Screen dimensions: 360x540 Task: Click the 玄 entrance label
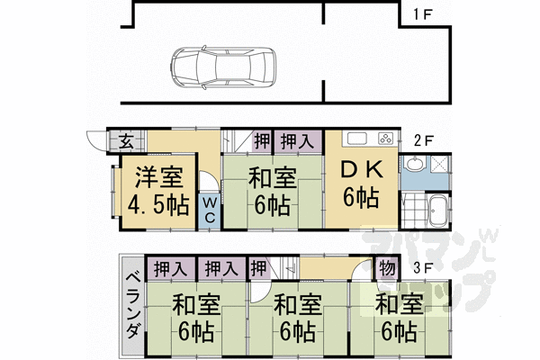point(128,140)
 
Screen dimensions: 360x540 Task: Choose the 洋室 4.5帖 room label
point(151,191)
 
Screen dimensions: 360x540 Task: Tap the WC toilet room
point(208,211)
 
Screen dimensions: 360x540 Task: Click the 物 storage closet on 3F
point(384,267)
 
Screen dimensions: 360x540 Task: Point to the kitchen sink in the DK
point(355,139)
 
